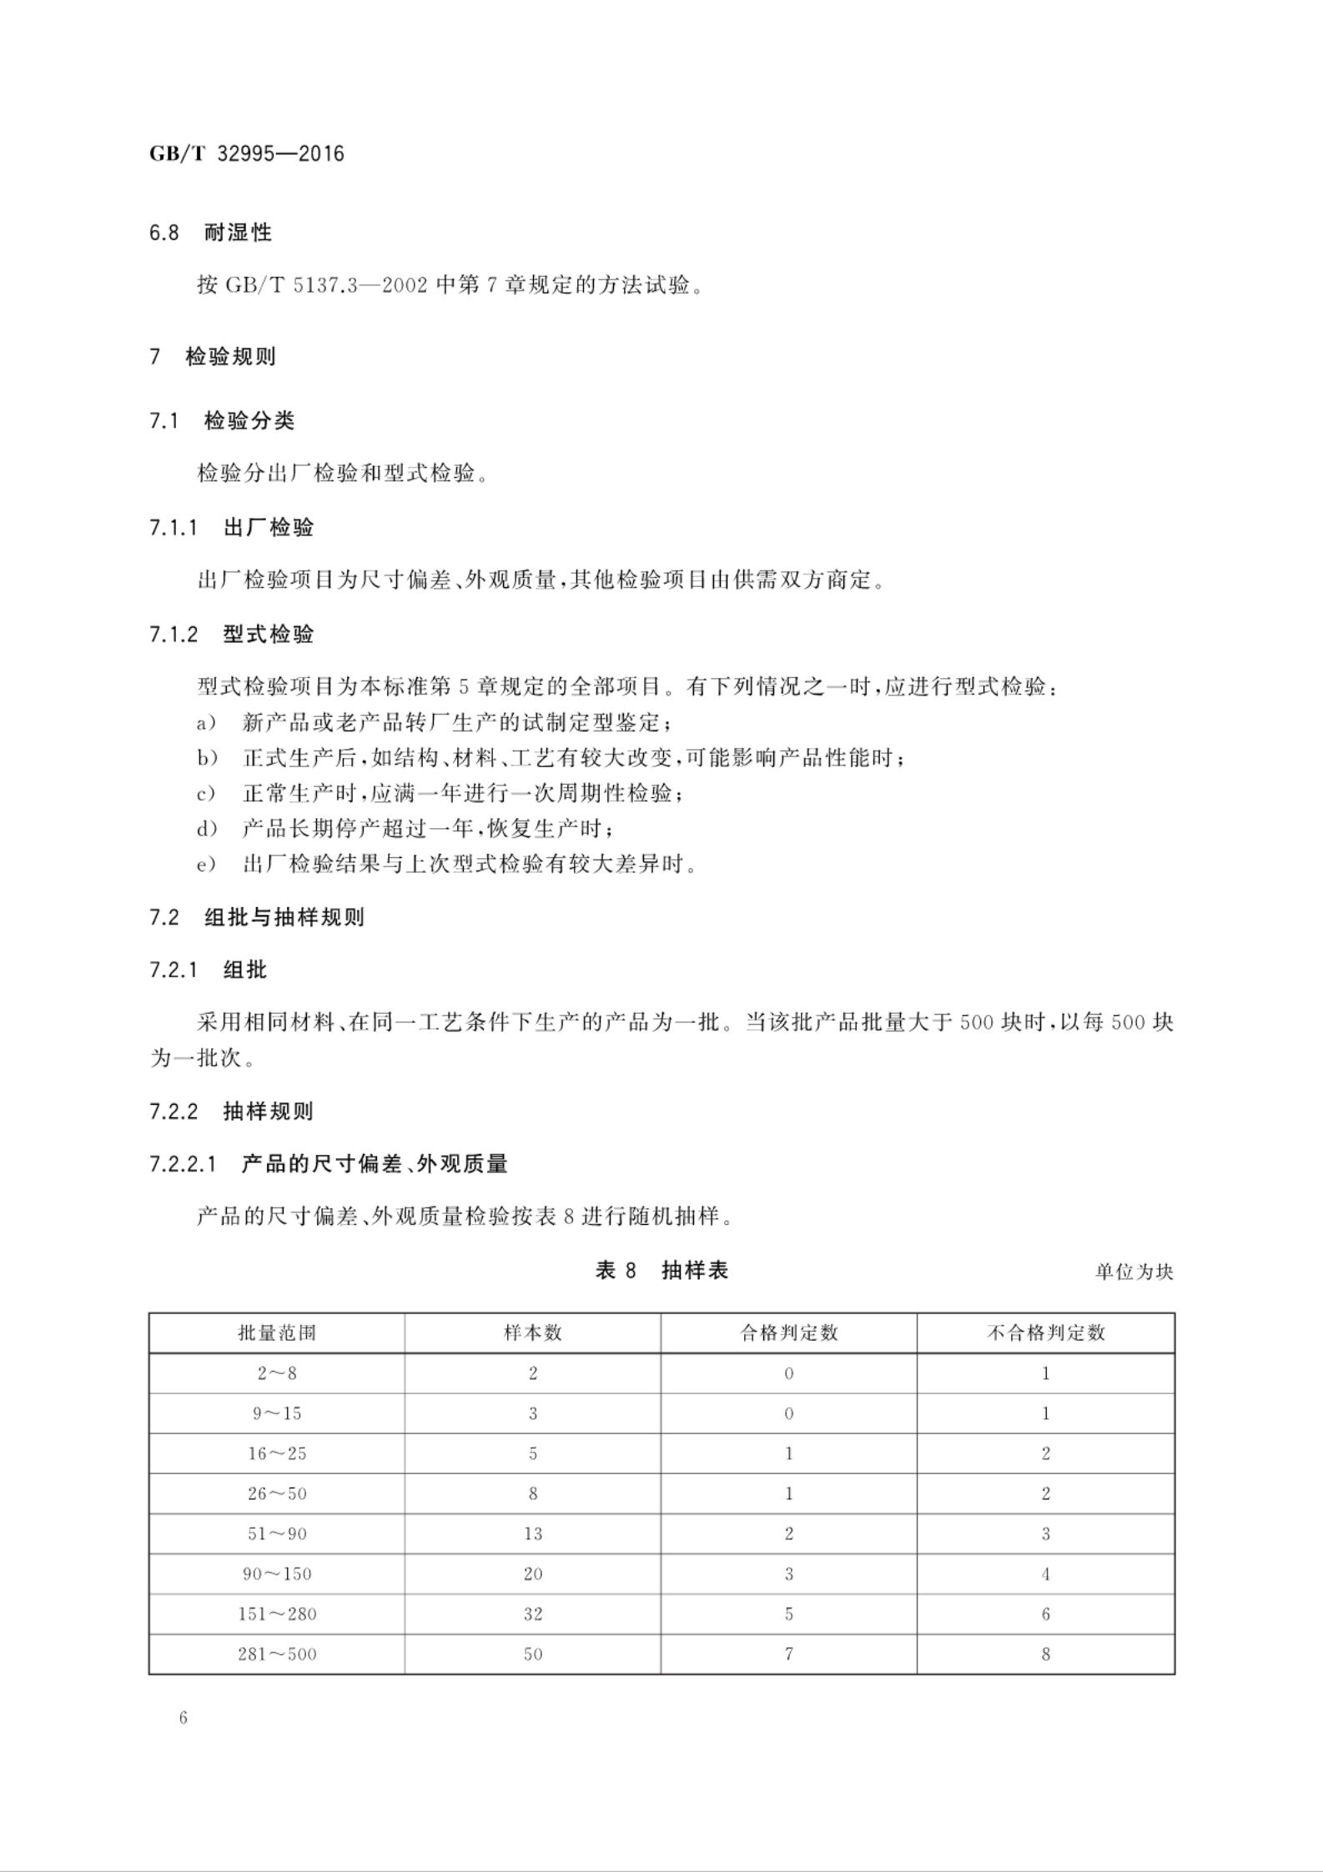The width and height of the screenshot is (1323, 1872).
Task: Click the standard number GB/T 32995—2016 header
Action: [246, 154]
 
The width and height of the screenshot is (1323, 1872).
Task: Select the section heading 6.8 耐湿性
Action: [210, 233]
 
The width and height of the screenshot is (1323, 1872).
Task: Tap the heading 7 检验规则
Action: [212, 357]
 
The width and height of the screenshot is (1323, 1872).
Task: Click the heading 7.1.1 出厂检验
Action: [231, 528]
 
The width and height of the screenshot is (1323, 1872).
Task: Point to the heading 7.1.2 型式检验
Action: [231, 635]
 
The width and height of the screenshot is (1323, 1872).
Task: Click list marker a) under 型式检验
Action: [206, 722]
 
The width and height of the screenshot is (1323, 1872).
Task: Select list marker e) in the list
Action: [206, 865]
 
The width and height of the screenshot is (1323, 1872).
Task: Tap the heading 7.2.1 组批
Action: [208, 970]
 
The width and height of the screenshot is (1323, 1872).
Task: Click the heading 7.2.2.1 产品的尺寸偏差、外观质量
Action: [329, 1164]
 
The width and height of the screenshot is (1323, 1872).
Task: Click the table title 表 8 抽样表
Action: [661, 1271]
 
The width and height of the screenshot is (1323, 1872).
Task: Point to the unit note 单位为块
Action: [1134, 1272]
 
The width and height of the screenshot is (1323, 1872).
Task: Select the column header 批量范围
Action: [277, 1332]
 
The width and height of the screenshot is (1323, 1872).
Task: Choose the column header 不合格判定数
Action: [1045, 1332]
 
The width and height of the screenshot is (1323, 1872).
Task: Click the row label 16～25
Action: [277, 1453]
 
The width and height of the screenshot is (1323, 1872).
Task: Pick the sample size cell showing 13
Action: [533, 1533]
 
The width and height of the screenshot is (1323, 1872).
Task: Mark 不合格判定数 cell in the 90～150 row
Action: [1045, 1573]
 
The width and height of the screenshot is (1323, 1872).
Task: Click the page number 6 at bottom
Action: [184, 1718]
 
